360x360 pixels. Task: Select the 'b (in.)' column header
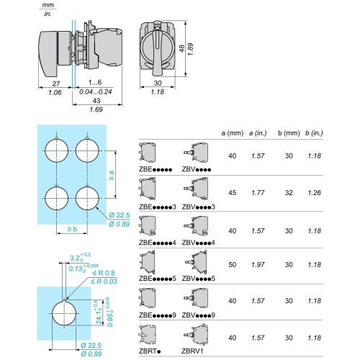click(x=313, y=132)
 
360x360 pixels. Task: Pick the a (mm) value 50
click(x=232, y=265)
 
